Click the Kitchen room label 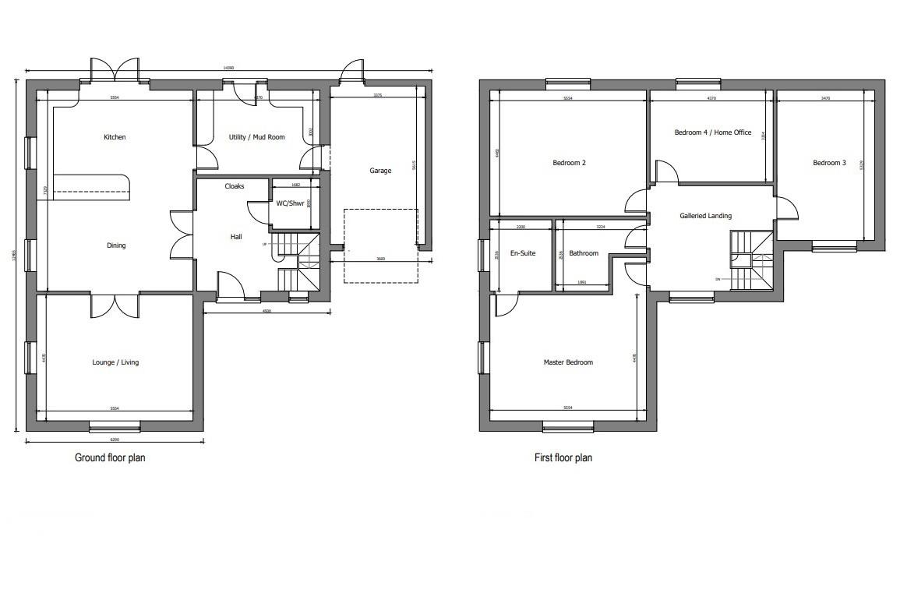click(115, 138)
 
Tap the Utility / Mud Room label click(256, 138)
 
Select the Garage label click(380, 171)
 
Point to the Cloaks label click(235, 187)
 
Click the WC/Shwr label click(291, 204)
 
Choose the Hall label click(236, 237)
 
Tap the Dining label click(116, 246)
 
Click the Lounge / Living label click(115, 362)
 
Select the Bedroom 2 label click(569, 164)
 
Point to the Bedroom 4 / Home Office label click(712, 133)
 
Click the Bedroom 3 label click(829, 164)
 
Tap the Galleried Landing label click(705, 216)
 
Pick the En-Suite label click(522, 253)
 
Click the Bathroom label click(584, 253)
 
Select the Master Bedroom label click(568, 362)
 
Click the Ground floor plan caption click(110, 458)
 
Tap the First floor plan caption click(563, 458)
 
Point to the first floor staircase click(750, 259)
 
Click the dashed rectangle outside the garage click(381, 245)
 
